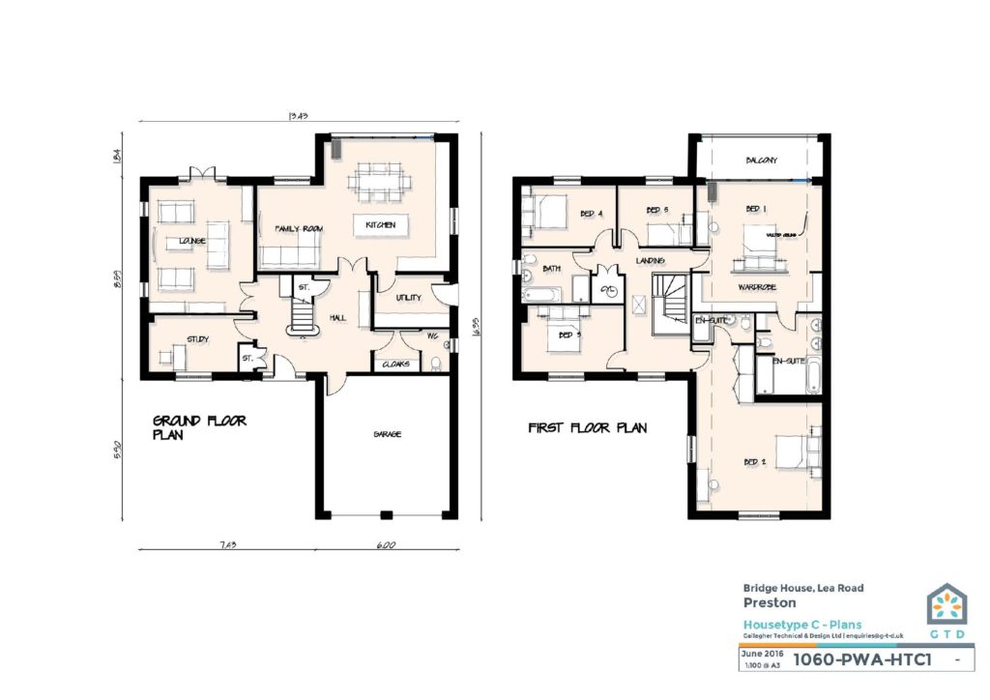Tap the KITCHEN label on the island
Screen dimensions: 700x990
379,225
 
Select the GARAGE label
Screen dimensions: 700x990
388,434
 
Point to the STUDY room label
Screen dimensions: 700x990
197,339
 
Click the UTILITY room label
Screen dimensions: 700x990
409,298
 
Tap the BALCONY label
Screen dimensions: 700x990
762,160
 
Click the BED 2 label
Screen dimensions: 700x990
755,462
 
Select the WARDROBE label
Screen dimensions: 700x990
758,287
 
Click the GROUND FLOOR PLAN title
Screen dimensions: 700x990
199,427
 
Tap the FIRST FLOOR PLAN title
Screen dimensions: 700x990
587,427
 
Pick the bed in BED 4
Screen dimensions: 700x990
548,210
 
